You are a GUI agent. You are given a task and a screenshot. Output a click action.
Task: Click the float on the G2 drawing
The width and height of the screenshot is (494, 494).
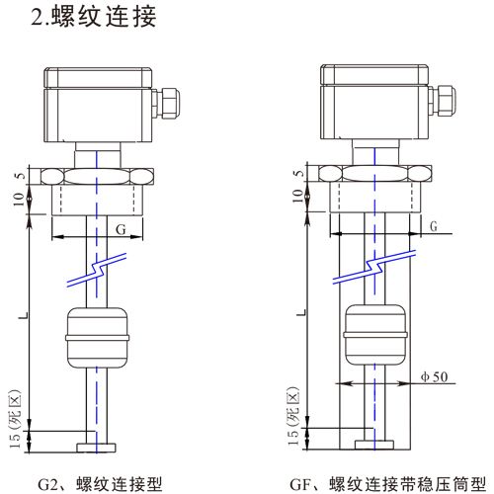96,336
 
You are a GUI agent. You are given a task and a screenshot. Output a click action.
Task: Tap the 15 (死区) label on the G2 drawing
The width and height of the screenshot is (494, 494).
15,415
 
